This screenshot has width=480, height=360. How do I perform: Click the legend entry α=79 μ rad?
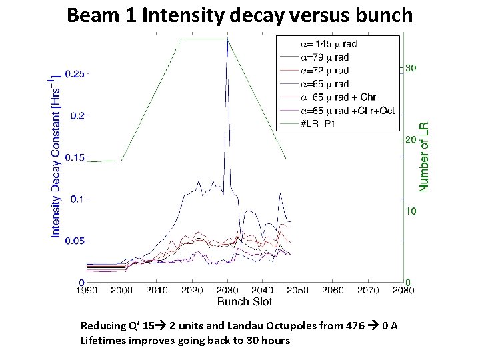point(325,57)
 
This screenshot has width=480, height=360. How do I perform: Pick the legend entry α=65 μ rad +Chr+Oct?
point(348,111)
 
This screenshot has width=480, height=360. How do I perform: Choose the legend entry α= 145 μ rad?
point(329,44)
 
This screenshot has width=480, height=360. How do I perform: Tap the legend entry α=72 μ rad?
point(325,71)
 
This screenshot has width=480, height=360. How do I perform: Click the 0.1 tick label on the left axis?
point(77,199)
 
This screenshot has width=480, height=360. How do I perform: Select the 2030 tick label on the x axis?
point(227,290)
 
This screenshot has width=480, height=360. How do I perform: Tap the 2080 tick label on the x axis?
point(403,290)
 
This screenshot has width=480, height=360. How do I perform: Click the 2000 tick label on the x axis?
point(121,290)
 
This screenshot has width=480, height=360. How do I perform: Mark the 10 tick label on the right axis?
point(411,211)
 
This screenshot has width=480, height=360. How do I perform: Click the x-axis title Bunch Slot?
point(245,301)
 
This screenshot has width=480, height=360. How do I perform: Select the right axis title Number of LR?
point(424,157)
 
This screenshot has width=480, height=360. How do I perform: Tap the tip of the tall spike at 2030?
point(227,39)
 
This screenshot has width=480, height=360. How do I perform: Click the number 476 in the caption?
point(355,325)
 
